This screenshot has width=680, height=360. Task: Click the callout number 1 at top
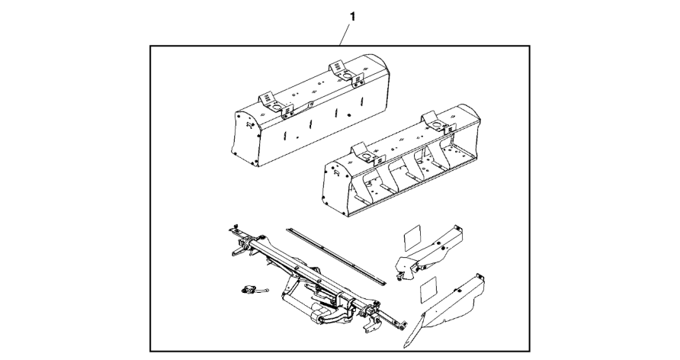click(x=352, y=17)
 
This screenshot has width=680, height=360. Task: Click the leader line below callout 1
click(x=345, y=34)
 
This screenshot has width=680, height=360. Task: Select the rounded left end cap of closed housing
click(x=246, y=138)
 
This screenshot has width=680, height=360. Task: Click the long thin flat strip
click(x=335, y=256)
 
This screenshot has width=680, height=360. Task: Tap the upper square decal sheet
click(x=412, y=238)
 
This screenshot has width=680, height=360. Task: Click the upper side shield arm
click(x=429, y=254)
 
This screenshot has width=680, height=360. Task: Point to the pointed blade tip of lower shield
click(x=405, y=347)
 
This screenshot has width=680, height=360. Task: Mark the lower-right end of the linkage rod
click(x=405, y=323)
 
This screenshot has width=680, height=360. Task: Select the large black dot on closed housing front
click(x=348, y=115)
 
